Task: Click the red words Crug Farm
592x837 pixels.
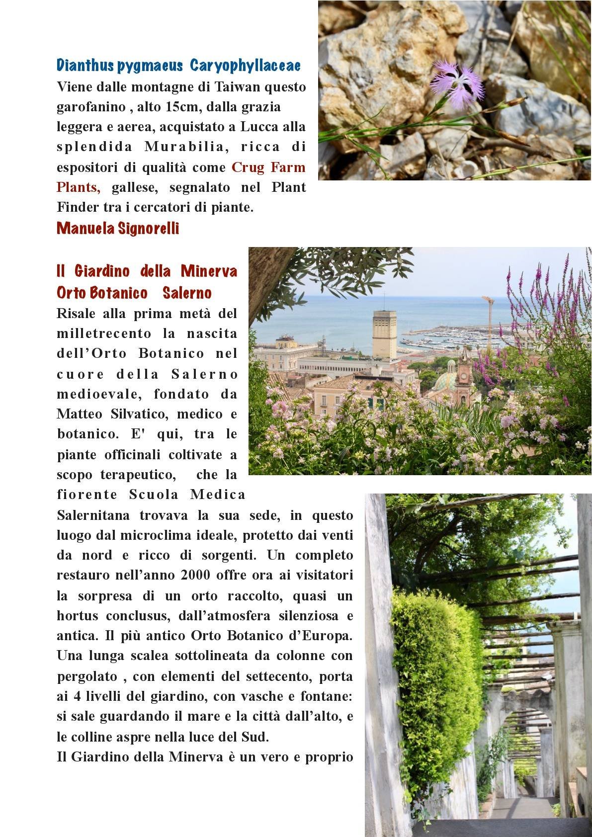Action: (268, 167)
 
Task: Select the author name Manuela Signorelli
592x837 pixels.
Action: (118, 228)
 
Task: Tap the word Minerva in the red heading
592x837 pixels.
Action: (209, 271)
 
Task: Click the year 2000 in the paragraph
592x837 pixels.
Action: (199, 575)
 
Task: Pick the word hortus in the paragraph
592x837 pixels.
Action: (77, 615)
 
